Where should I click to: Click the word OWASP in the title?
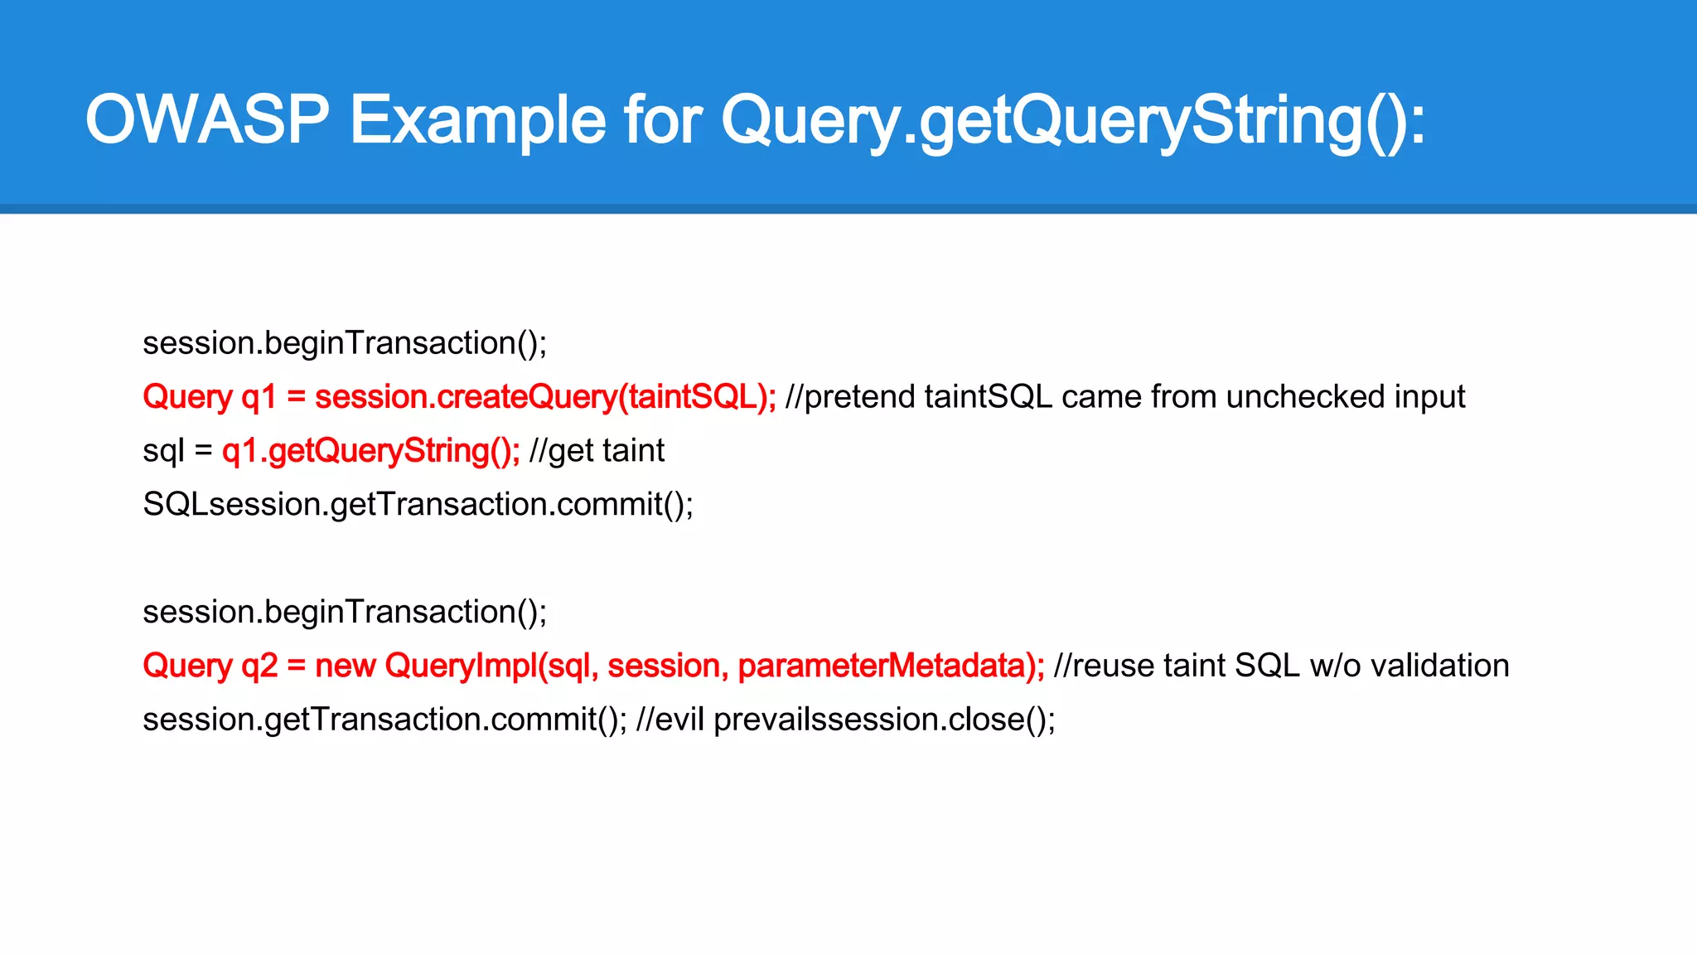pos(207,120)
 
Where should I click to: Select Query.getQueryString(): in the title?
pos(1072,120)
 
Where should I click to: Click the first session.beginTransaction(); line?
pos(345,343)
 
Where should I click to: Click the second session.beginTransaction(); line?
pos(345,612)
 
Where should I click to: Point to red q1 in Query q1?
pos(258,398)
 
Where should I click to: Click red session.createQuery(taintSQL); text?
pos(545,397)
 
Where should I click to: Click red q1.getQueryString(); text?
pos(370,451)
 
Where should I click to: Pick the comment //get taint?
pos(597,451)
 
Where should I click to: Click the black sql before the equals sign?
pos(163,452)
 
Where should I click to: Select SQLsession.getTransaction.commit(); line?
pos(418,505)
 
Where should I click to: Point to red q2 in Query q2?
pos(259,667)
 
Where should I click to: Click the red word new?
pos(346,666)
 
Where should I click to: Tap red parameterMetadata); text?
pos(891,666)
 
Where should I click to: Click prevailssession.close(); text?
pos(884,720)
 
